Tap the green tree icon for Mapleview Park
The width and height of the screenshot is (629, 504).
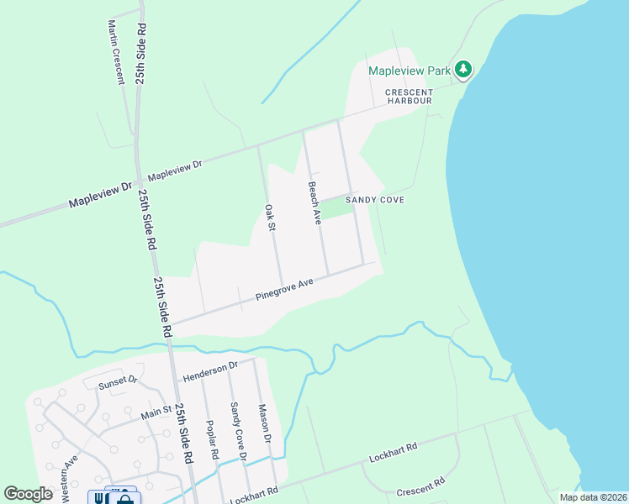[462, 70]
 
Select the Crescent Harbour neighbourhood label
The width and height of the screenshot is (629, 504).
[409, 97]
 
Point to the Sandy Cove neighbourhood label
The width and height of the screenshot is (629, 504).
[375, 200]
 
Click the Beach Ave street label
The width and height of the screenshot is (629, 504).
[314, 203]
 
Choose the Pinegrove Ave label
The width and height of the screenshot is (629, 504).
[284, 290]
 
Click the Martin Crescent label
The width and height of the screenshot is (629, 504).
[115, 53]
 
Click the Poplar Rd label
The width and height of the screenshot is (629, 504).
[214, 445]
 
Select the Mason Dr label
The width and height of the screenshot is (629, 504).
[264, 424]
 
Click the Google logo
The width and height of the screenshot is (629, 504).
[29, 494]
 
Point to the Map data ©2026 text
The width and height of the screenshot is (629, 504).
[592, 497]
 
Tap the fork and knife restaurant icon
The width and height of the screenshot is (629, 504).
[99, 497]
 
